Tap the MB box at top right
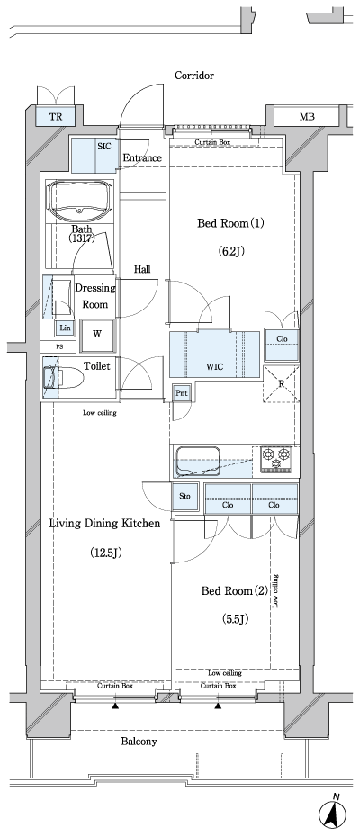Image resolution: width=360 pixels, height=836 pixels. [x=307, y=116]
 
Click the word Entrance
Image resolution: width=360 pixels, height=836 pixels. [x=142, y=158]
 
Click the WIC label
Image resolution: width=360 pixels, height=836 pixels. [x=215, y=366]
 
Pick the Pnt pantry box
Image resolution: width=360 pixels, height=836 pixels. [x=182, y=393]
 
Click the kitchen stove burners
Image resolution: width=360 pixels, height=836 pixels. [x=276, y=459]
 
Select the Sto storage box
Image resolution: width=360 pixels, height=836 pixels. [x=184, y=496]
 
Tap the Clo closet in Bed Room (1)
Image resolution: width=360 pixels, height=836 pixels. [x=282, y=340]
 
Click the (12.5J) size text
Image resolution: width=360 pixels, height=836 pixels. [x=105, y=553]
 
